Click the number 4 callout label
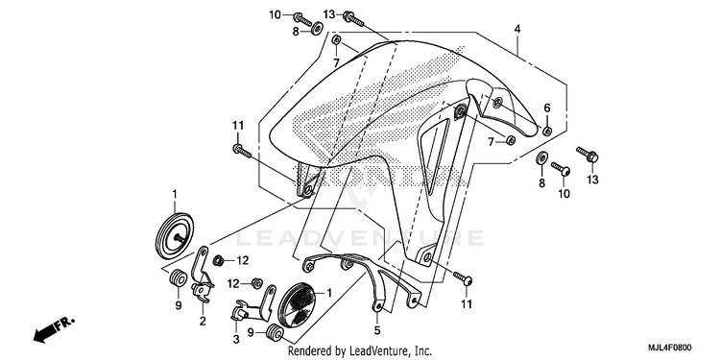(517, 29)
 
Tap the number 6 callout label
(547, 108)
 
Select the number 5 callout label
(377, 329)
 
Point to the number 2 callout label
(203, 322)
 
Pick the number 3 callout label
(236, 340)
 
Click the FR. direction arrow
(54, 329)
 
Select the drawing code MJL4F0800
(668, 348)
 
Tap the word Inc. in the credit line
(423, 351)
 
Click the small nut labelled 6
(547, 131)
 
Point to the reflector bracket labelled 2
(202, 276)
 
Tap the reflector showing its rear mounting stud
(173, 238)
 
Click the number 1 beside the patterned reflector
(328, 292)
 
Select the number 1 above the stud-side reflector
(175, 195)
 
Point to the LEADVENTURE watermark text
(360, 238)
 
